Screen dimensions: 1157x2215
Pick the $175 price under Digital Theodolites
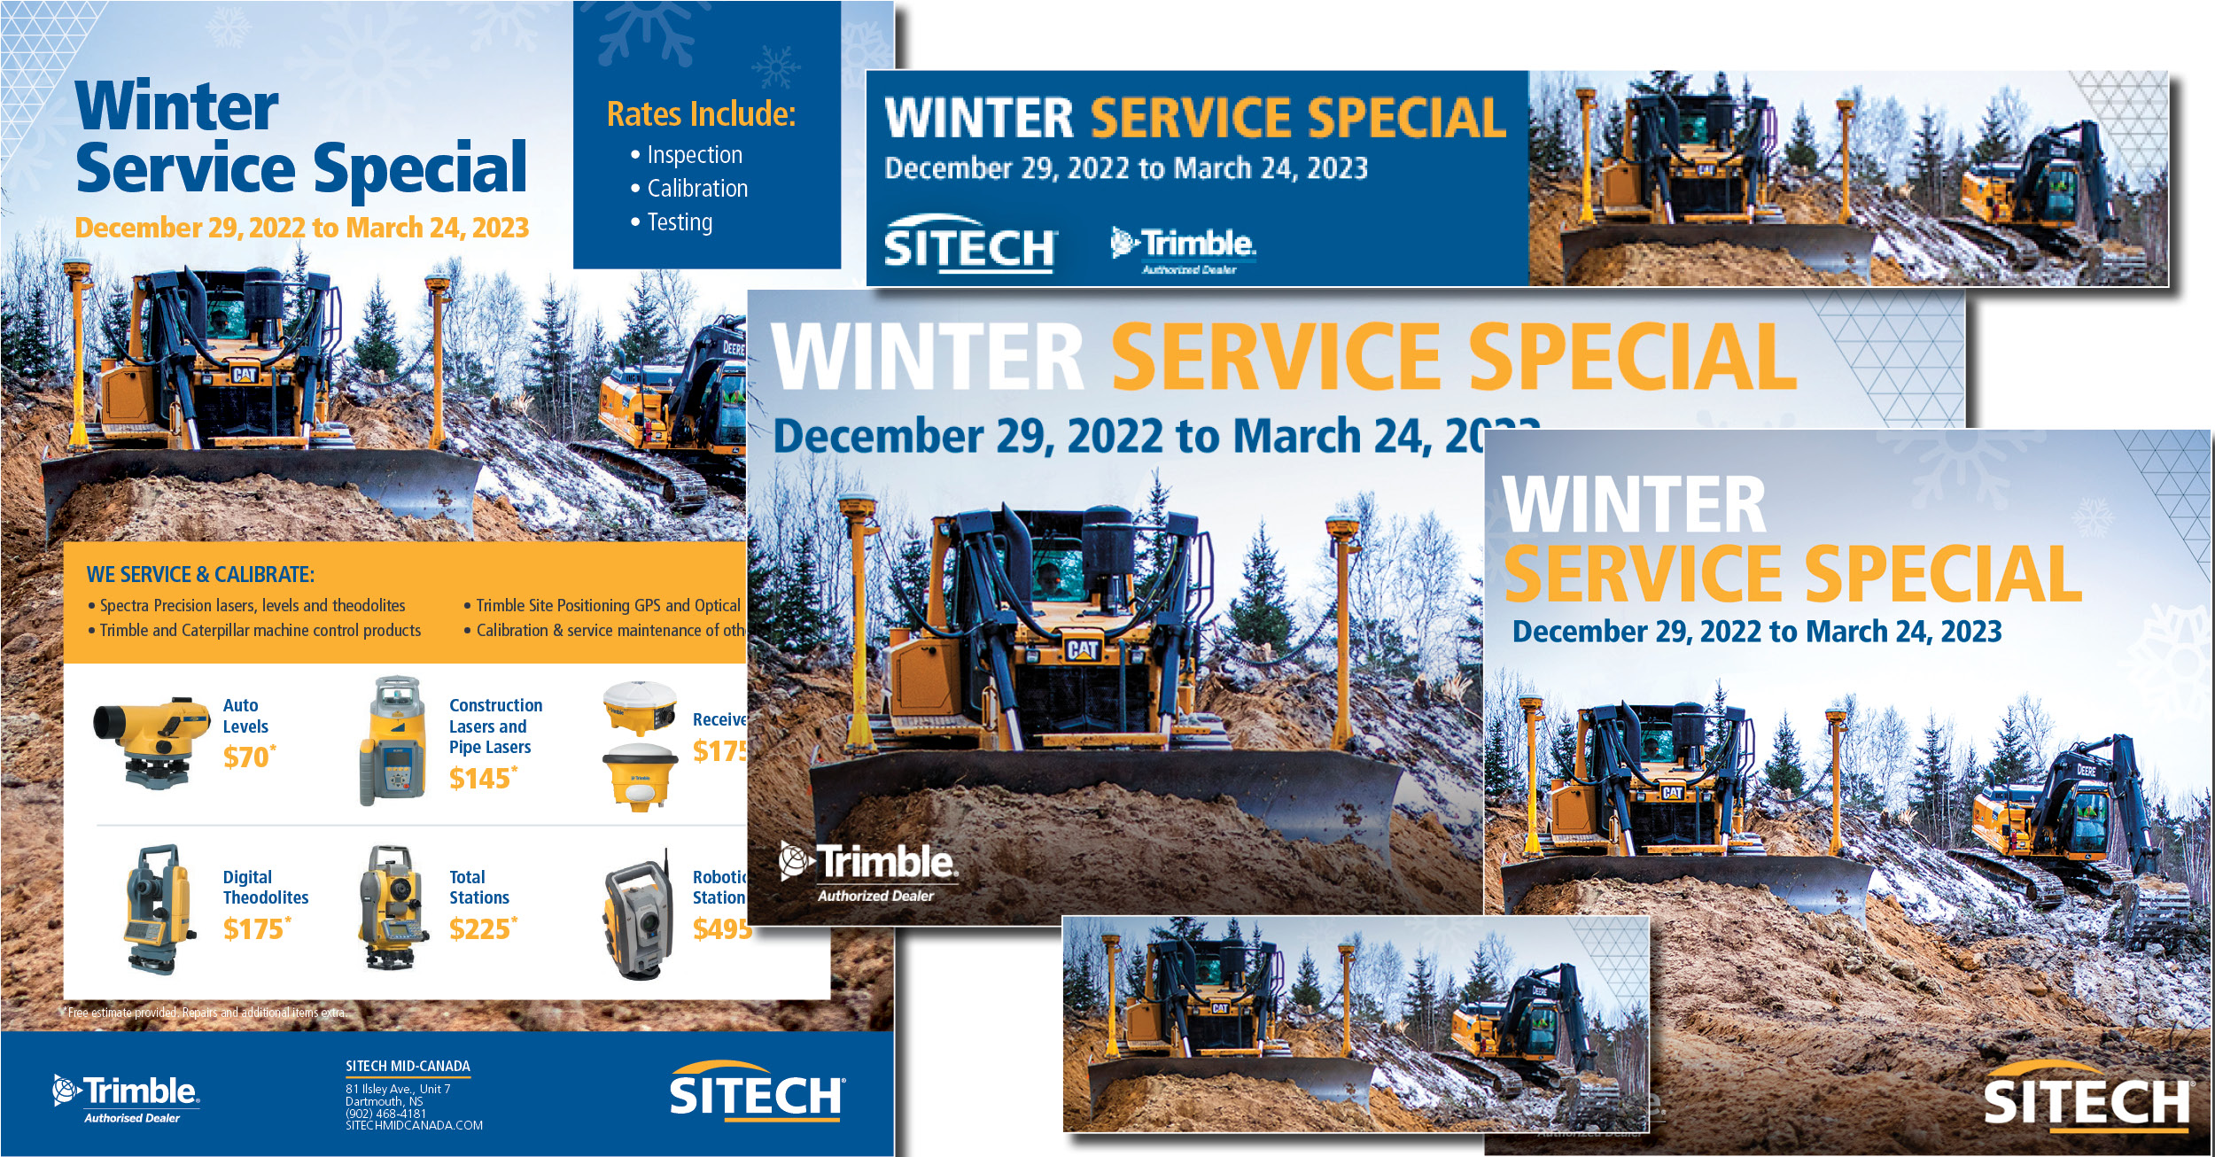tap(254, 929)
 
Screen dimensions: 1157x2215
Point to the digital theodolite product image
tap(158, 909)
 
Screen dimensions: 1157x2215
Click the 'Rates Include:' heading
tap(701, 114)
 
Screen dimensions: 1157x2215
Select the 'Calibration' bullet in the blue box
tap(696, 189)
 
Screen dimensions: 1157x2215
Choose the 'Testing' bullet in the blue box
tap(679, 222)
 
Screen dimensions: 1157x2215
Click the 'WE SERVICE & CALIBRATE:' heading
tap(200, 575)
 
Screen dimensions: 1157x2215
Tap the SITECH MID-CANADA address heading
tap(408, 1067)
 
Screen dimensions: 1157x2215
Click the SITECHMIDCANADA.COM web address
tap(414, 1126)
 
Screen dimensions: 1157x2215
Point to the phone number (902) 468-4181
tap(385, 1114)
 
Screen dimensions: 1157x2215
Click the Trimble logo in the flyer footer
tap(126, 1097)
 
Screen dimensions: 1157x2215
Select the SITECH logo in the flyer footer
tap(756, 1092)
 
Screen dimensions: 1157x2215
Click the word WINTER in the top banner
tap(978, 119)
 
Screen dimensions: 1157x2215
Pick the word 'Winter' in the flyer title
tap(177, 106)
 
